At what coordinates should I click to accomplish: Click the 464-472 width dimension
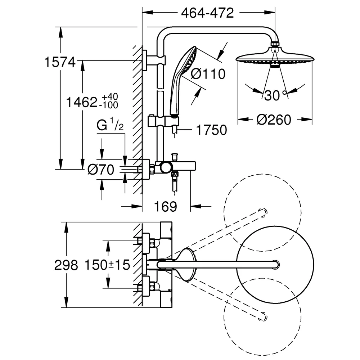pyautogui.click(x=207, y=13)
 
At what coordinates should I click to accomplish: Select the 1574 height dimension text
pyautogui.click(x=60, y=62)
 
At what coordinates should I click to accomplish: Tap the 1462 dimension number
pyautogui.click(x=81, y=102)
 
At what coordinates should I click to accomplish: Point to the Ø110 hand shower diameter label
pyautogui.click(x=208, y=74)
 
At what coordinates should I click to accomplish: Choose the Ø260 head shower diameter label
pyautogui.click(x=274, y=120)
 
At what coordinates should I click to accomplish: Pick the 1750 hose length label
pyautogui.click(x=211, y=130)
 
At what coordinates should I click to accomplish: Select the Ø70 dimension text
pyautogui.click(x=101, y=170)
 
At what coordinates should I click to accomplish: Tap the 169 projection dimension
pyautogui.click(x=166, y=207)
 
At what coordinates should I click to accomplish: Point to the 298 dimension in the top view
pyautogui.click(x=66, y=265)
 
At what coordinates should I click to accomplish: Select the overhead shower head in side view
pyautogui.click(x=275, y=56)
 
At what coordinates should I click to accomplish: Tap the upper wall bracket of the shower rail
pyautogui.click(x=153, y=60)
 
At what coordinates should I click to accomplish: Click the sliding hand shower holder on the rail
pyautogui.click(x=163, y=121)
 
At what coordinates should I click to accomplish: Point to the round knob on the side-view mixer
pyautogui.click(x=166, y=168)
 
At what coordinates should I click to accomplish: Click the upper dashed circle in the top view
pyautogui.click(x=262, y=212)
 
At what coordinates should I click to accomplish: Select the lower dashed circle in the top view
pyautogui.click(x=262, y=317)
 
